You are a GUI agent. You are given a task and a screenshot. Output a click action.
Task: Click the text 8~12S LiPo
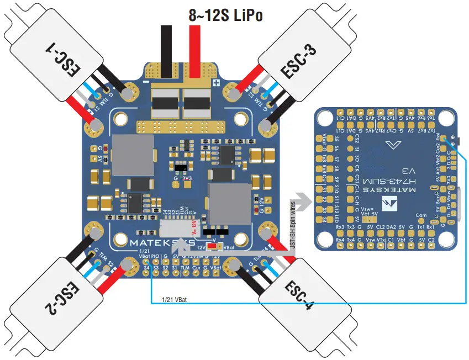coord(225,15)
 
